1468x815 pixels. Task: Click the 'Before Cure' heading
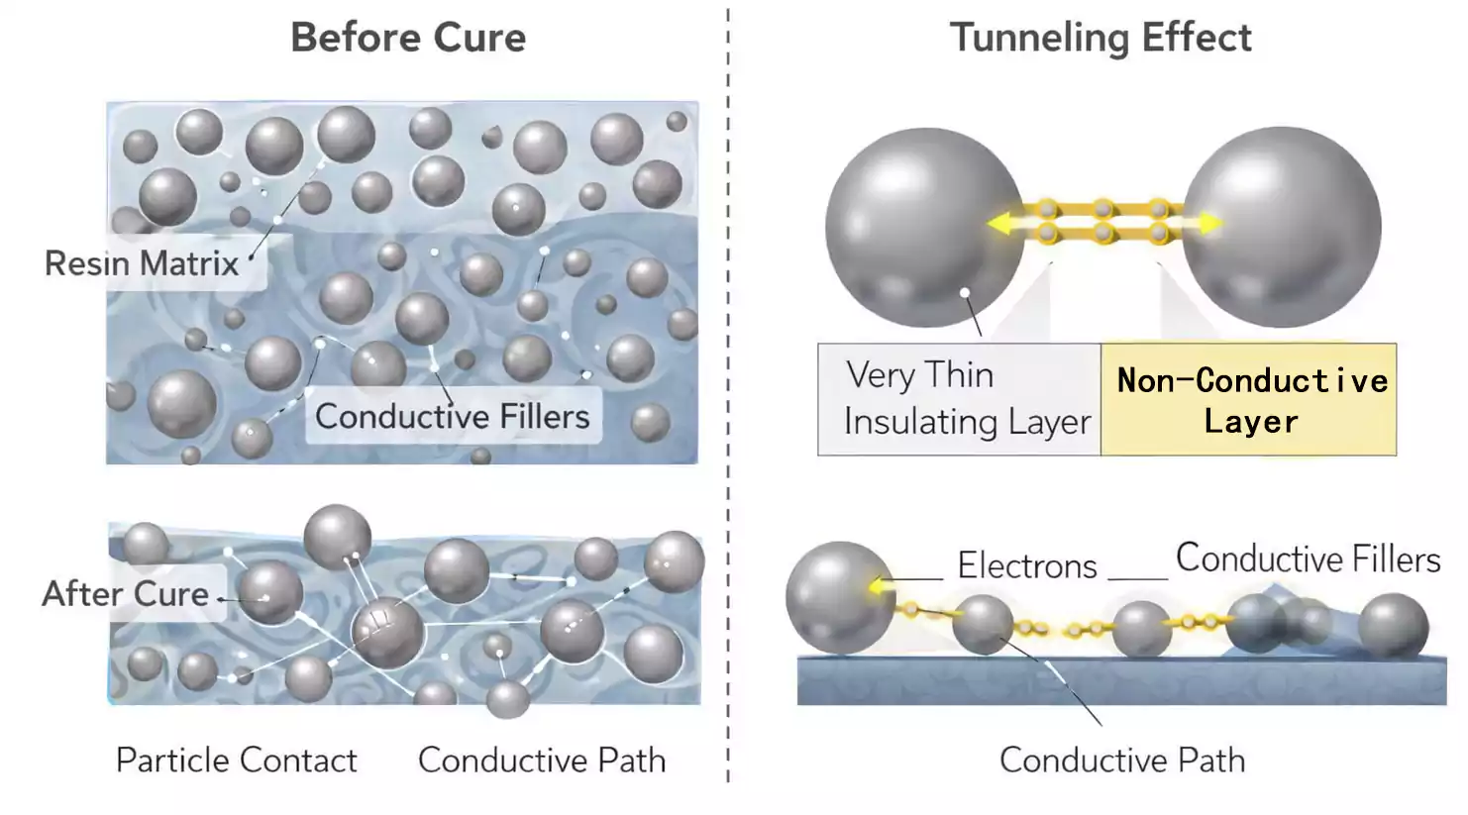pyautogui.click(x=407, y=39)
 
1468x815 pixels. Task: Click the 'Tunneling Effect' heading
pyautogui.click(x=1100, y=39)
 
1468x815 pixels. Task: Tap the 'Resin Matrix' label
pyautogui.click(x=142, y=263)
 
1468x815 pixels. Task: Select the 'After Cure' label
pyautogui.click(x=126, y=593)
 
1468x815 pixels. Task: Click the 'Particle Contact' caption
pyautogui.click(x=236, y=760)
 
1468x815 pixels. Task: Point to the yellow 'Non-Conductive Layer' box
pyautogui.click(x=1249, y=400)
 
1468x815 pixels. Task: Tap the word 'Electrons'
pyautogui.click(x=1026, y=565)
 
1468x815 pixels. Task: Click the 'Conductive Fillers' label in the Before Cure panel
pyautogui.click(x=452, y=416)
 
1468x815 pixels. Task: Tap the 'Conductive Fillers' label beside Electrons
pyautogui.click(x=1308, y=559)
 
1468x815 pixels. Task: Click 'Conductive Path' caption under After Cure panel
pyautogui.click(x=541, y=760)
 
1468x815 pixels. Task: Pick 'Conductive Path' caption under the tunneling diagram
pyautogui.click(x=1121, y=760)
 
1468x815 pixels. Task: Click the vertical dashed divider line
pyautogui.click(x=728, y=396)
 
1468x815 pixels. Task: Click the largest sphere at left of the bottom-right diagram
pyautogui.click(x=840, y=596)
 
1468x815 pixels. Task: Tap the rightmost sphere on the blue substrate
pyautogui.click(x=1393, y=625)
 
